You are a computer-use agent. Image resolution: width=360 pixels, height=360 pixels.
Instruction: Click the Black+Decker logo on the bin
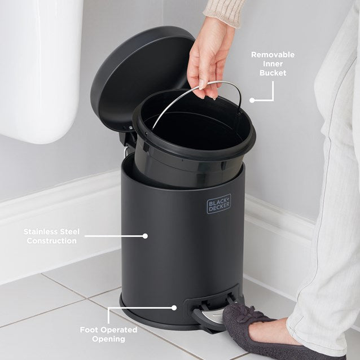click(219, 204)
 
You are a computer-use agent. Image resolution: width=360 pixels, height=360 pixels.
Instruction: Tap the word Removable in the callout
click(273, 55)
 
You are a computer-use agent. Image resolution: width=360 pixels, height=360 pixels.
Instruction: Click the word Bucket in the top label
click(273, 73)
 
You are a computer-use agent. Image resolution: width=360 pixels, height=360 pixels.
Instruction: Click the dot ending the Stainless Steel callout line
click(145, 236)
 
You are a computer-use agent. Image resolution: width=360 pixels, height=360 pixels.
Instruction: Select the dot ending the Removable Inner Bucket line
click(252, 100)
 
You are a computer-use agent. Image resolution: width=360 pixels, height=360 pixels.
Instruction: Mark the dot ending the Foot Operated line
click(174, 308)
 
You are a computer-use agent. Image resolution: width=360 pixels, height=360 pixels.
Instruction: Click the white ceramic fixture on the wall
click(39, 68)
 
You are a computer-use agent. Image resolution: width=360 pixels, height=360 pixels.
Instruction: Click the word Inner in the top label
click(273, 64)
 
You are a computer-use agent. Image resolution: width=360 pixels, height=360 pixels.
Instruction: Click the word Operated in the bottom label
click(120, 330)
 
